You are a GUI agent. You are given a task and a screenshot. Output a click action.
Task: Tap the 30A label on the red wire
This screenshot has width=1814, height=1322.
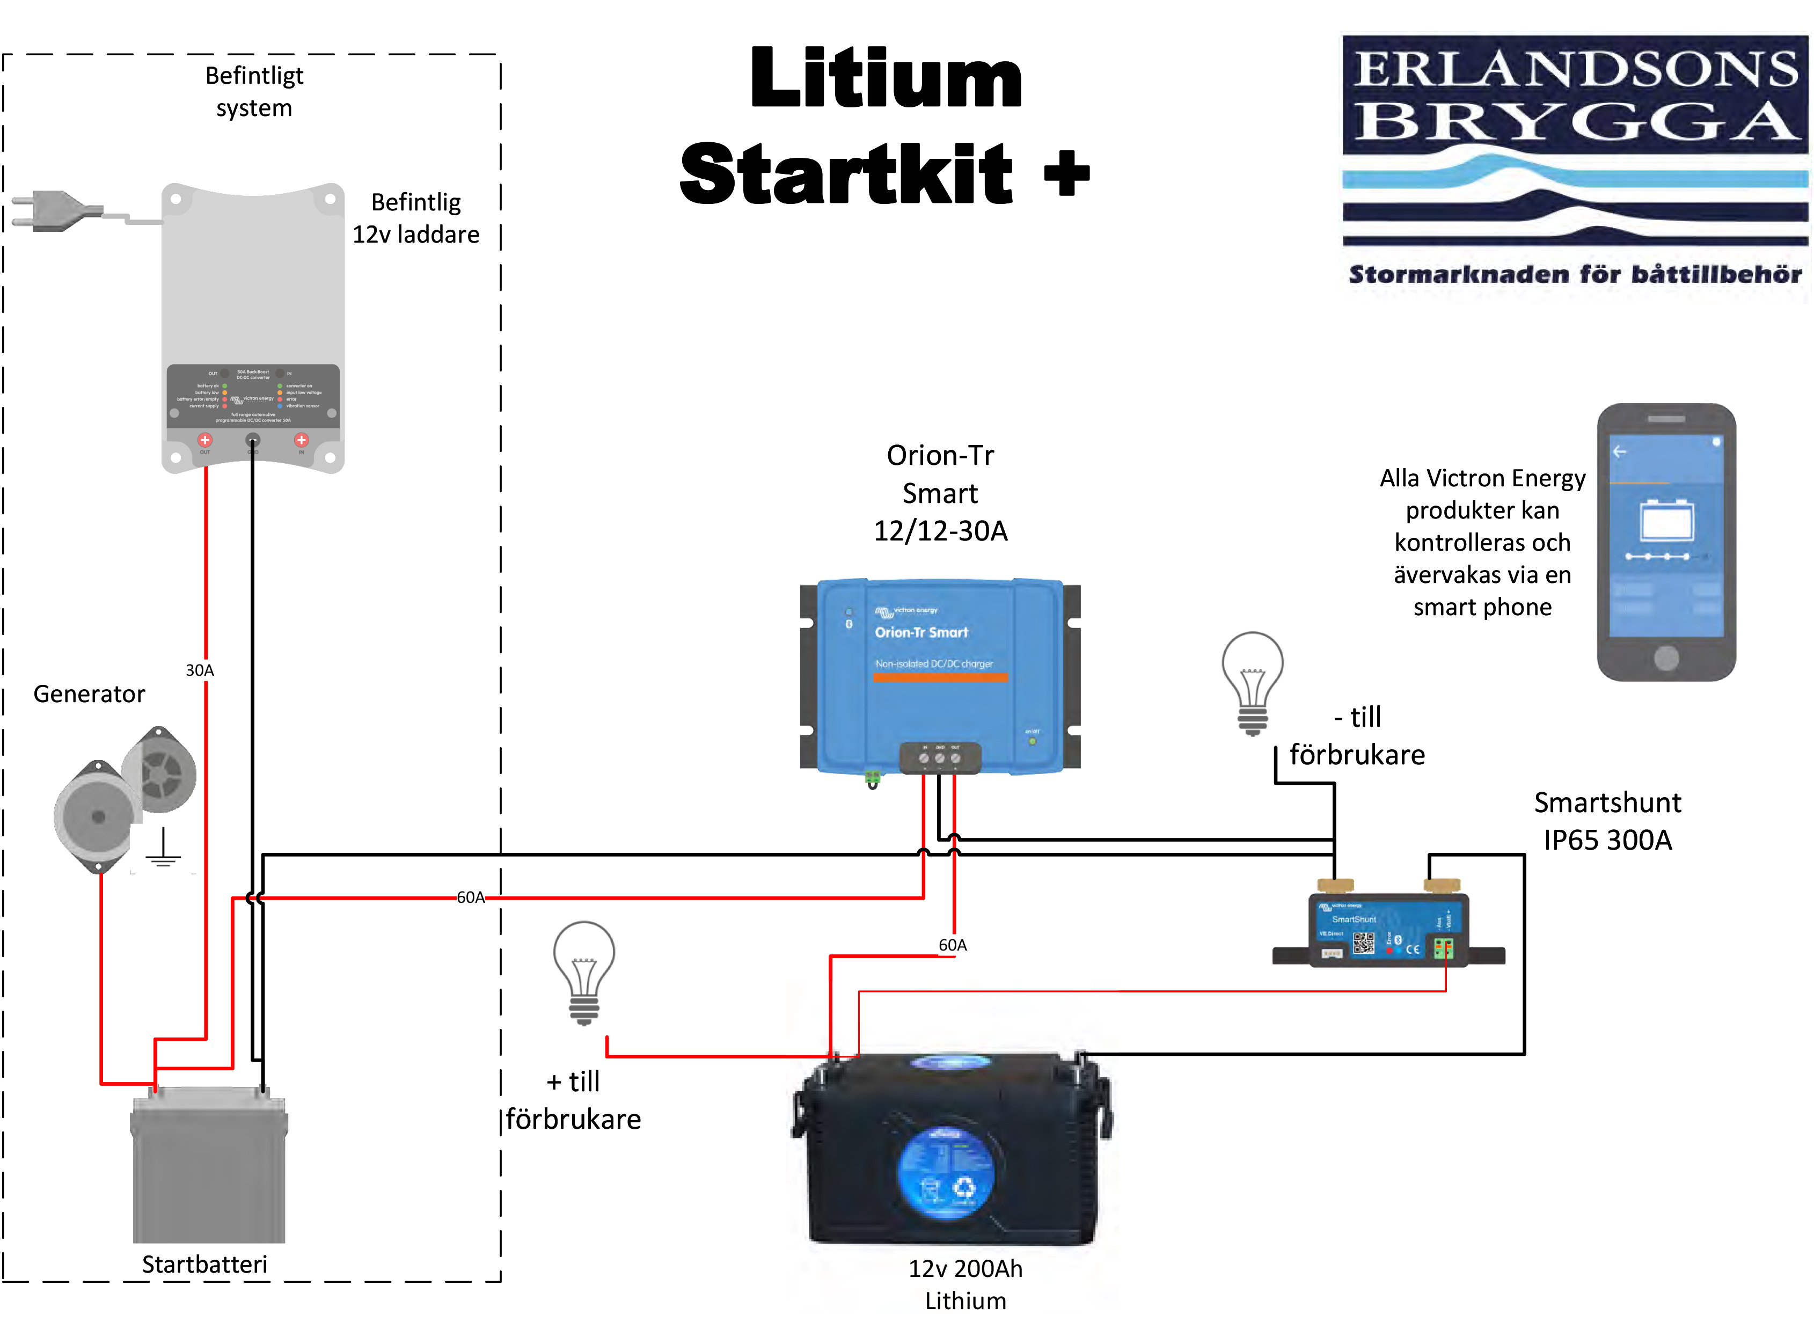click(199, 670)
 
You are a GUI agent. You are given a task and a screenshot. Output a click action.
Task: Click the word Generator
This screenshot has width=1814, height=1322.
click(89, 694)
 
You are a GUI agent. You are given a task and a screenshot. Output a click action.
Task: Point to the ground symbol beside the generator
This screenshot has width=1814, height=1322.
click(163, 848)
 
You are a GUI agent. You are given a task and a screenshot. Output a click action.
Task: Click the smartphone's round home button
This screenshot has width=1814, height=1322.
click(1666, 658)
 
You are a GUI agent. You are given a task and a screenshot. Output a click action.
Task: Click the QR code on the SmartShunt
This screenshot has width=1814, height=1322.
click(1364, 943)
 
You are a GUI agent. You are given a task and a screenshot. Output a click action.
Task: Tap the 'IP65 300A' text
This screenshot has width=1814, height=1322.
click(1607, 840)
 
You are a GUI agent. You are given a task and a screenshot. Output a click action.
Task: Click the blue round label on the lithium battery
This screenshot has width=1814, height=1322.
click(947, 1172)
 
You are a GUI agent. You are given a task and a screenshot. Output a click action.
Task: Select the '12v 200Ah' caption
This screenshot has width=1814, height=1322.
click(965, 1268)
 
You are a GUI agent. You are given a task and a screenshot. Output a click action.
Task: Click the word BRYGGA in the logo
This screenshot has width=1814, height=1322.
click(1574, 122)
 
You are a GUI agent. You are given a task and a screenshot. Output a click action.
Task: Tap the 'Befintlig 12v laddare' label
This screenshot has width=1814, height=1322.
click(416, 218)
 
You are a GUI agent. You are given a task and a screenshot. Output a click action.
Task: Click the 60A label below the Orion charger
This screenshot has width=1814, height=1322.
click(952, 945)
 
